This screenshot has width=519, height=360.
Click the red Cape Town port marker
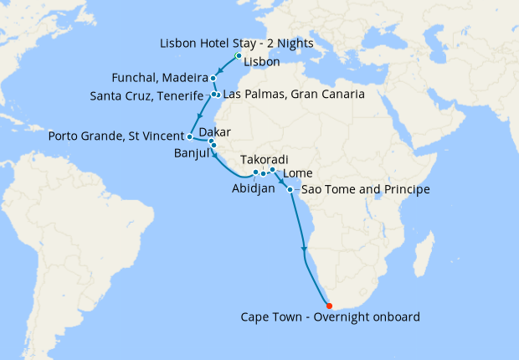coord(329,306)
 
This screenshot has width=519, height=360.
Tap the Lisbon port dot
coord(239,56)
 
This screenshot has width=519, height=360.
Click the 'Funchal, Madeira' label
coord(159,78)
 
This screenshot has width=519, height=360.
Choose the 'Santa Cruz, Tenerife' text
coord(146,95)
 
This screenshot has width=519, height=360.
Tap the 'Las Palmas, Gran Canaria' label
coord(293,95)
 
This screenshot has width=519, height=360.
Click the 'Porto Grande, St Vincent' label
coord(116,136)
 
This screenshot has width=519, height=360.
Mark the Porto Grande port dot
coord(191,136)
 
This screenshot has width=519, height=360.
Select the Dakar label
coord(215,131)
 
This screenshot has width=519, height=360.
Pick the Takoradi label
coord(264,159)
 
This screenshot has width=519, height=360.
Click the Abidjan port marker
coord(255,172)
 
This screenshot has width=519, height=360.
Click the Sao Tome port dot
coord(290,190)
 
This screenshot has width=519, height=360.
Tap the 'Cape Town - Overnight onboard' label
coord(330,317)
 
